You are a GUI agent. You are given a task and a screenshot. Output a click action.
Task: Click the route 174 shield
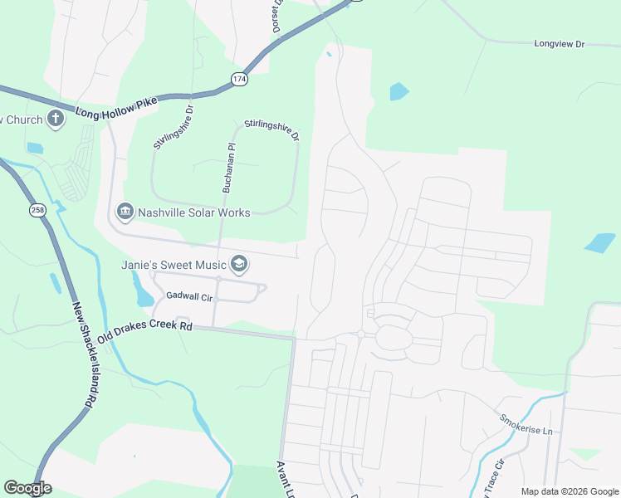[239, 79]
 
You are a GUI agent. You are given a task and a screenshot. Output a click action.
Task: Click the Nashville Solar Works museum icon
[125, 212]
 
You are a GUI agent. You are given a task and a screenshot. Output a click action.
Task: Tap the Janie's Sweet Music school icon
[239, 264]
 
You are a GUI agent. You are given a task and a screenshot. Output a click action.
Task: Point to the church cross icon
[56, 119]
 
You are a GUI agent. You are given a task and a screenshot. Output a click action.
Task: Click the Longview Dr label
[560, 43]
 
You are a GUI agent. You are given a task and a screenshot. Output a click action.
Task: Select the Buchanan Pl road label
[226, 167]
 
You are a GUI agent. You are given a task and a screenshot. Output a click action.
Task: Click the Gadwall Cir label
[190, 295]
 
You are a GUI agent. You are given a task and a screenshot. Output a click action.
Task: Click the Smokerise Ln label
[526, 425]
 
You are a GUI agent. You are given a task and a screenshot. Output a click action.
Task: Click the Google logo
[27, 488]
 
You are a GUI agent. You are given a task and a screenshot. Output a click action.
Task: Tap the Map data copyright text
[569, 491]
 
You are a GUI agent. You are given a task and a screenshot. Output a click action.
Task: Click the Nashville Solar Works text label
[193, 212]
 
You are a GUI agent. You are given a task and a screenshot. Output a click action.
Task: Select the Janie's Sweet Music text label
[174, 265]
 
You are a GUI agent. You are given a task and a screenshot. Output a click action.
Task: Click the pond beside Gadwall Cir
[142, 290]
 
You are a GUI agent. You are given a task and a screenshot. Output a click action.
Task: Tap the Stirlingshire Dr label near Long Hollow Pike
[173, 127]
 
